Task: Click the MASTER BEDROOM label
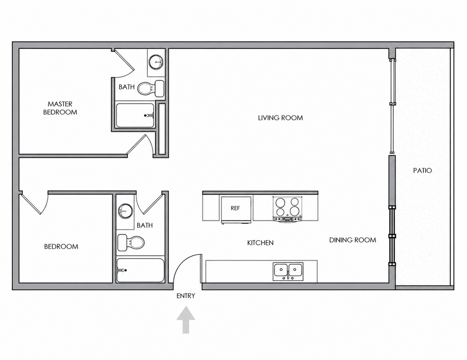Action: click(60, 108)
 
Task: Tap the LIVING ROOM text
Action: click(280, 118)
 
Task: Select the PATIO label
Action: click(422, 171)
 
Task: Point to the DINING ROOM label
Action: click(353, 240)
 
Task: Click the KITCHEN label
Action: click(260, 243)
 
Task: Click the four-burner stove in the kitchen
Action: click(287, 209)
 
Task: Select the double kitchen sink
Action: click(288, 271)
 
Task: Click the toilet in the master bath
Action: click(151, 88)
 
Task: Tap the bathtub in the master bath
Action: click(135, 115)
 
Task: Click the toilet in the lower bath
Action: click(131, 243)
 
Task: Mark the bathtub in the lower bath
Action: click(140, 270)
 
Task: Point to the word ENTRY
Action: click(186, 296)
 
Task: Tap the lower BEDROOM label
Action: click(61, 246)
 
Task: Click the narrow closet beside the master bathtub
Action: click(162, 129)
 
